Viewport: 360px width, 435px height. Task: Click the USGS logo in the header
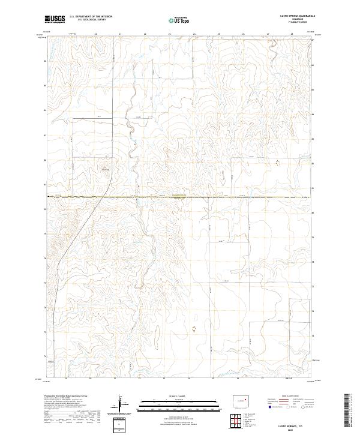pyautogui.click(x=55, y=19)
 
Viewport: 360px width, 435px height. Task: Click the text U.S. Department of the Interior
pyautogui.click(x=91, y=16)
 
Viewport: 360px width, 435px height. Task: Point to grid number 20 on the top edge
pyautogui.click(x=96, y=34)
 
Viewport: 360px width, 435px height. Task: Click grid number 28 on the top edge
pyautogui.click(x=292, y=34)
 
